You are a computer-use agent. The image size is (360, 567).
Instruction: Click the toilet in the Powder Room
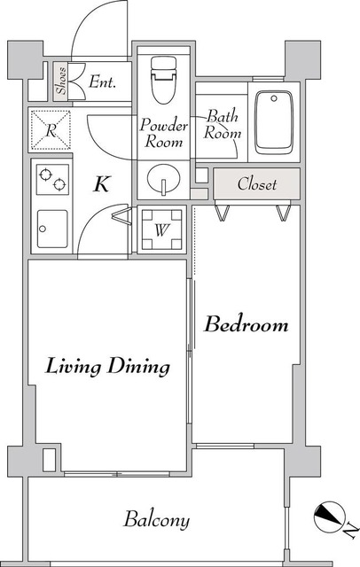coord(163,80)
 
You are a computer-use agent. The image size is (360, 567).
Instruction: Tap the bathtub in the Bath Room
coord(273,122)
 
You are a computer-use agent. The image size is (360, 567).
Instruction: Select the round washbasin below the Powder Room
coord(163,179)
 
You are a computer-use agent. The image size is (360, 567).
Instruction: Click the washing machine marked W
coord(161,229)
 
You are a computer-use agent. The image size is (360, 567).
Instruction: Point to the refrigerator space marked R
coord(51,130)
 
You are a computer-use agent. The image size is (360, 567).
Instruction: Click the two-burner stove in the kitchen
coord(52,179)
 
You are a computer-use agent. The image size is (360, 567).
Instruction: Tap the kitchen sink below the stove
coord(52,229)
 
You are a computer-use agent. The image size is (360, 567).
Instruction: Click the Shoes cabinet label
coord(61,81)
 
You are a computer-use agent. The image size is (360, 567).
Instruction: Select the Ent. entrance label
coord(102,82)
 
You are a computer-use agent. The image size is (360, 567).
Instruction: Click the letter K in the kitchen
coord(101,184)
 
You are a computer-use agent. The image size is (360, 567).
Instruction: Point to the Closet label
coord(257,184)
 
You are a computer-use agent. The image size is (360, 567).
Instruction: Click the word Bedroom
coord(246,324)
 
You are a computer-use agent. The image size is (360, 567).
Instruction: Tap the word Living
coord(73,366)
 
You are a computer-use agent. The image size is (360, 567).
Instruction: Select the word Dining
coord(139,366)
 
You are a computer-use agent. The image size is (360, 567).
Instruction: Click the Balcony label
coord(157,520)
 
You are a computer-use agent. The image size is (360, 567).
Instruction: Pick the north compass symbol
coord(329,517)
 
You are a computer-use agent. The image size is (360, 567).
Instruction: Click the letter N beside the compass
coord(350,532)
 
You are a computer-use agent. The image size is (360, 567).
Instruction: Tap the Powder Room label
coord(163,133)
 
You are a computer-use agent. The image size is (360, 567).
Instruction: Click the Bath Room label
coord(223,124)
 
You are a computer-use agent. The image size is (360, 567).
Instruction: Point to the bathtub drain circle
coord(274,98)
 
